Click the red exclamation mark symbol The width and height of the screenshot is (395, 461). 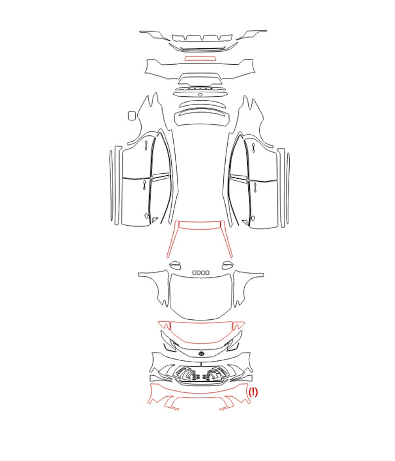253,392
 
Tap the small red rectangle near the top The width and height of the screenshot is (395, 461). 200,58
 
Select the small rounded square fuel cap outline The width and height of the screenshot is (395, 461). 132,115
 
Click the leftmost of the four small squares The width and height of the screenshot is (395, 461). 195,273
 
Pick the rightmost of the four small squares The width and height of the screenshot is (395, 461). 207,273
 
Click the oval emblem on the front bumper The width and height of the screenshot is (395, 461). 201,353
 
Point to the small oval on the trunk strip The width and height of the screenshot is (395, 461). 200,95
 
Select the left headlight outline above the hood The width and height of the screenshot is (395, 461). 176,265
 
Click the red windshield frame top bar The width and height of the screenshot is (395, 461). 200,225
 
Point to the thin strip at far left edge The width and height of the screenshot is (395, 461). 111,186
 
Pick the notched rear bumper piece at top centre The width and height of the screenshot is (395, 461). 202,38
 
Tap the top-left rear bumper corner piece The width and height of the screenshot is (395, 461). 156,35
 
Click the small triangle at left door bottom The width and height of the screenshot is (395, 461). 154,219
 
